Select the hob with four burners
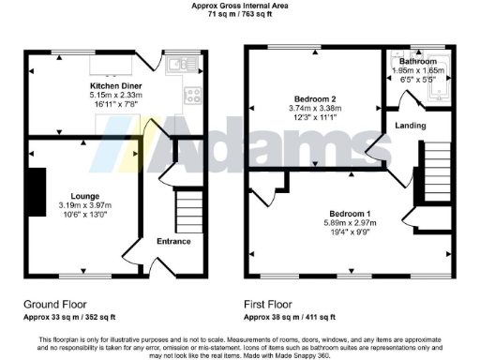(x=193, y=94)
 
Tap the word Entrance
(x=173, y=241)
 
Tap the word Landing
(x=410, y=125)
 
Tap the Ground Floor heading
(x=56, y=304)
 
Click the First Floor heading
(x=269, y=304)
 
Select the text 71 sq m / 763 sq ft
(x=239, y=15)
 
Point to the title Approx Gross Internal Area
(x=239, y=6)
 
